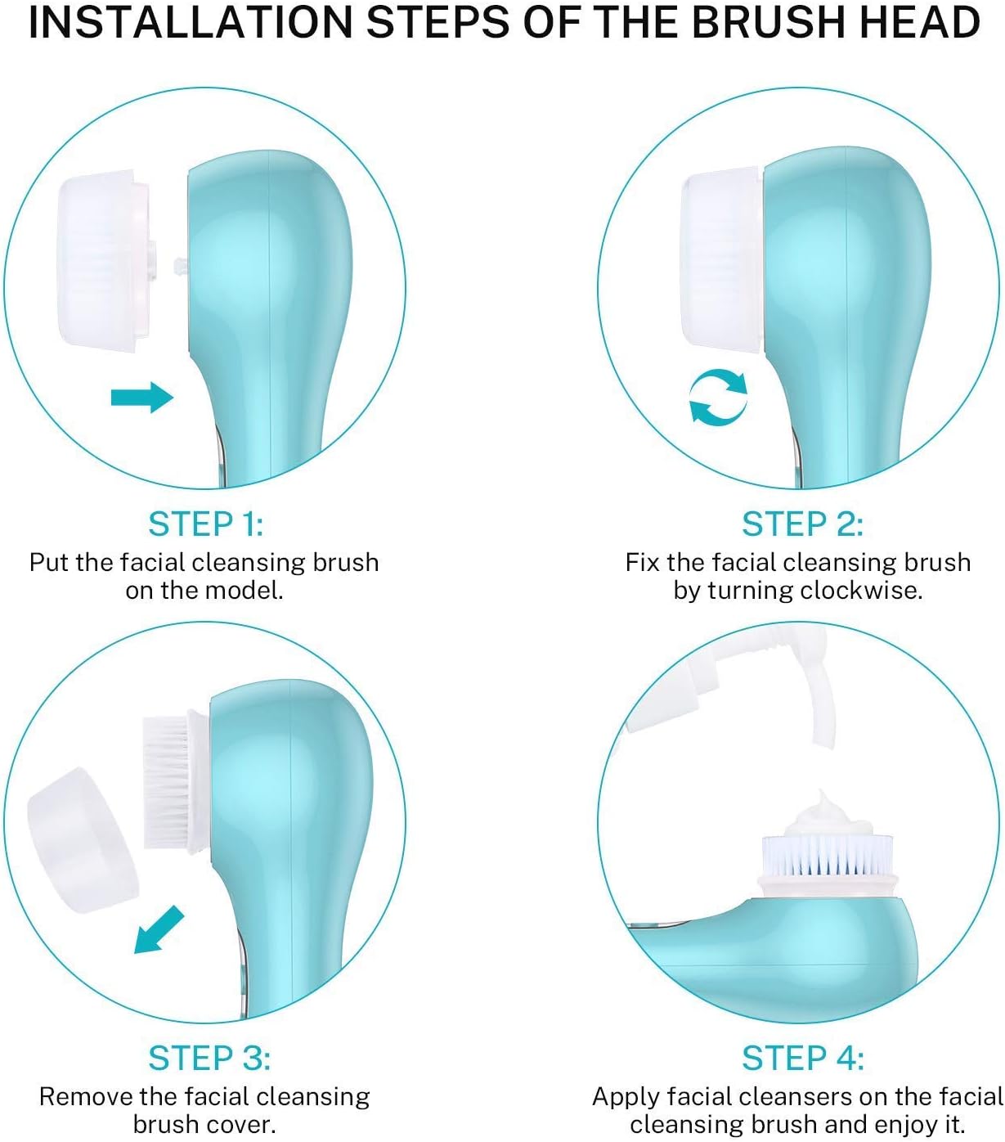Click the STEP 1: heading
coord(205,524)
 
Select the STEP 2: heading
coord(801,524)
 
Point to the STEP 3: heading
coord(209,1058)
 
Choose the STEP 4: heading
coord(802,1058)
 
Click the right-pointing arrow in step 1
coord(142,398)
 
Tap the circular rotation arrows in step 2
coord(718,398)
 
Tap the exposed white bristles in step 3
coord(166,783)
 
